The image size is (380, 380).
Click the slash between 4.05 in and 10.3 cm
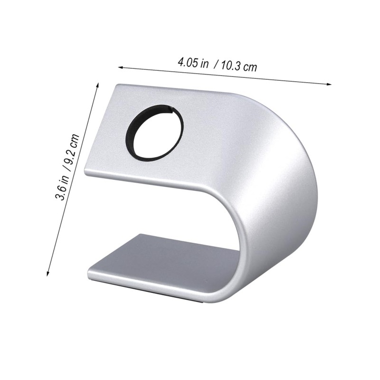pyautogui.click(x=217, y=64)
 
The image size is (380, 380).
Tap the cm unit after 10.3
pyautogui.click(x=250, y=67)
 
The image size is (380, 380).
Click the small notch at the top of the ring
pyautogui.click(x=170, y=111)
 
